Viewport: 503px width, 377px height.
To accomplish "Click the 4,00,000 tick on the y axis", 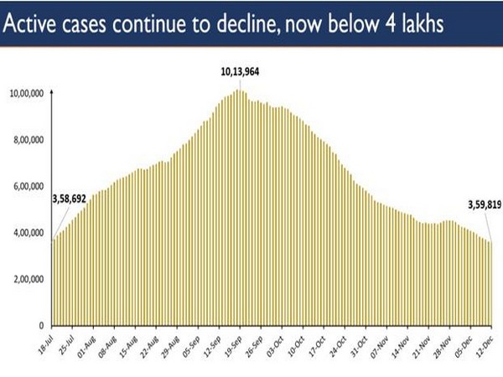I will pyautogui.click(x=30, y=233).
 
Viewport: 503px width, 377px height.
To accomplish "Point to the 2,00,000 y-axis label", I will pyautogui.click(x=30, y=279).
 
